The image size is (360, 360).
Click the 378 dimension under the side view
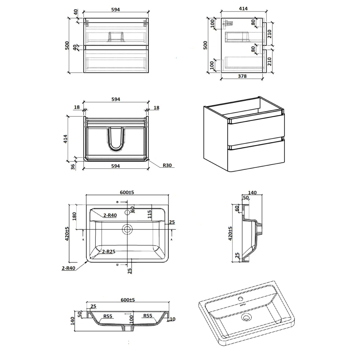click(x=242, y=76)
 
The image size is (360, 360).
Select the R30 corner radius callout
click(x=167, y=165)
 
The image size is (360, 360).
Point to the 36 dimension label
click(x=73, y=167)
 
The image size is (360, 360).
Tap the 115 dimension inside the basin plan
click(x=149, y=214)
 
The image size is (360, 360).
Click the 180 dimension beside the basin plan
click(x=74, y=216)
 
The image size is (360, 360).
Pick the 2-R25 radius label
click(x=109, y=252)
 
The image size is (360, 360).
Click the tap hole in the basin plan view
click(x=127, y=212)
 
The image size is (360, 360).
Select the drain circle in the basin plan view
click(x=127, y=229)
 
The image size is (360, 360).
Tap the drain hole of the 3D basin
click(x=246, y=318)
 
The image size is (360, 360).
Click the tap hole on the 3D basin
click(x=240, y=299)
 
